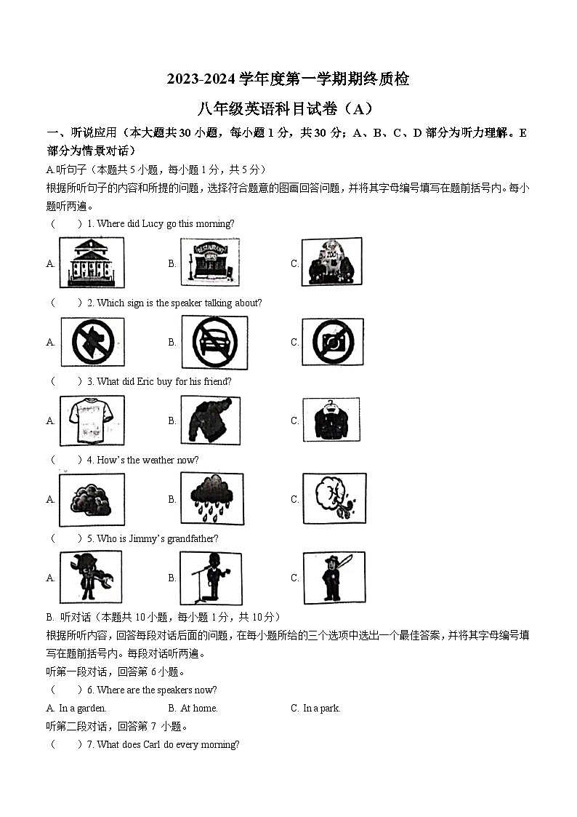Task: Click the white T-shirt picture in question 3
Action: (x=91, y=421)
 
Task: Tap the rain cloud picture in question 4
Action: (x=211, y=499)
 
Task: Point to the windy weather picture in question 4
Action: (x=334, y=499)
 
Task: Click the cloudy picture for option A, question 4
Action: (x=91, y=499)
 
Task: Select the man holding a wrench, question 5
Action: (x=91, y=578)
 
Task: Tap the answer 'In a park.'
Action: (x=321, y=708)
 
